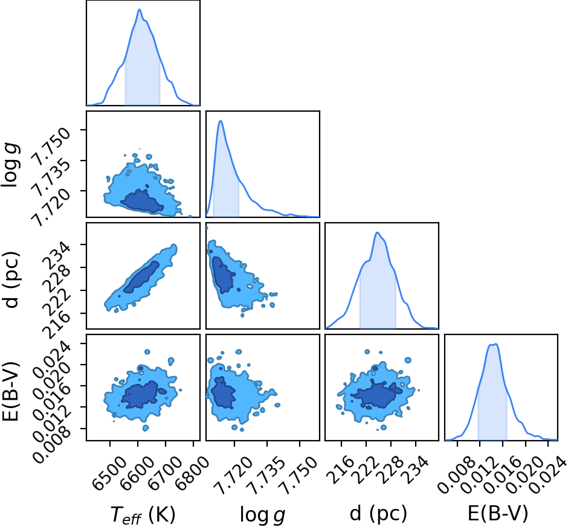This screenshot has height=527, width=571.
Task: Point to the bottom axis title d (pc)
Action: coord(378,514)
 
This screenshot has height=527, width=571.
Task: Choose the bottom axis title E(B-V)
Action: coord(498,514)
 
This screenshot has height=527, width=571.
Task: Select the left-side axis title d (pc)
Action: coord(11,279)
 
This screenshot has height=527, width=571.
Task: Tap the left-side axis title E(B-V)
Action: coord(11,391)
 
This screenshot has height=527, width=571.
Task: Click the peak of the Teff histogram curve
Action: coord(140,10)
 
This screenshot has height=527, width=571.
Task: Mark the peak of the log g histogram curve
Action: coord(221,121)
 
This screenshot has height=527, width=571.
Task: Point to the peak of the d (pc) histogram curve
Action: coord(377,232)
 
